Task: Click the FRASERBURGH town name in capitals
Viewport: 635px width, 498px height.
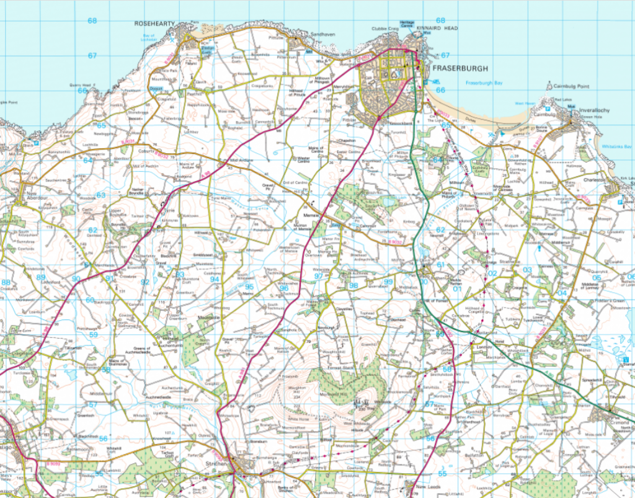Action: click(462, 68)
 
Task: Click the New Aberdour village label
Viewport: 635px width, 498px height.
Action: click(21, 191)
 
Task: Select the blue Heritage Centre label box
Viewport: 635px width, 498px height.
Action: click(407, 24)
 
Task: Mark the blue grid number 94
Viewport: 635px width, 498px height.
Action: click(215, 279)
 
